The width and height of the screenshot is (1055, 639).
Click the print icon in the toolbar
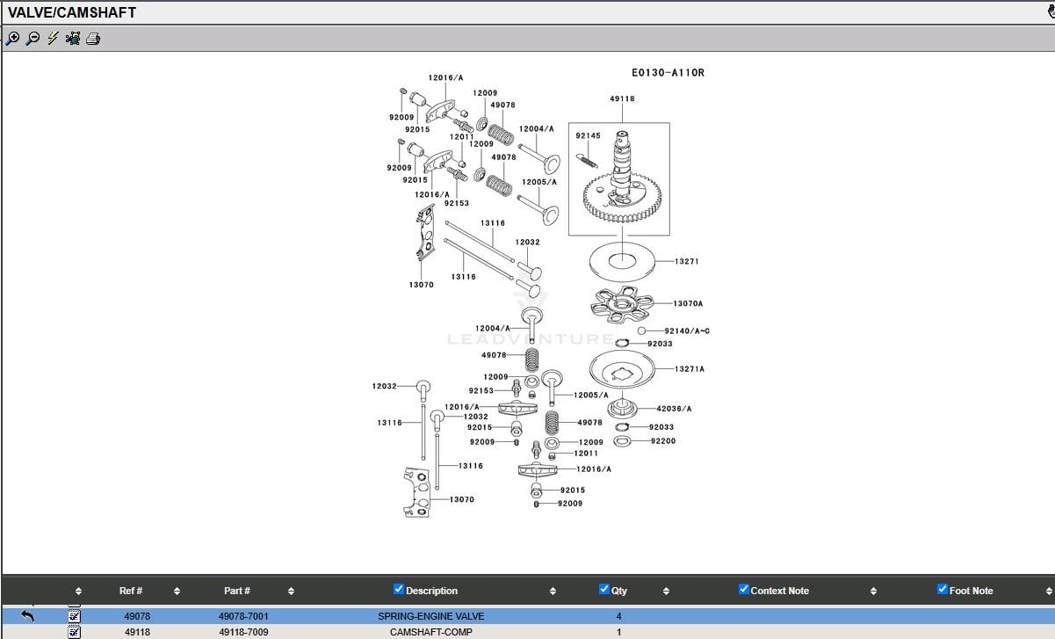pyautogui.click(x=93, y=39)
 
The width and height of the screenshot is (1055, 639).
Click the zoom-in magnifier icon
pyautogui.click(x=12, y=39)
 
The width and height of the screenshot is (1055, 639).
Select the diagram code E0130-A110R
pyautogui.click(x=668, y=73)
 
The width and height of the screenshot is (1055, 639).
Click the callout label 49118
pyautogui.click(x=622, y=99)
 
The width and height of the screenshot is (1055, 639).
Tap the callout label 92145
pyautogui.click(x=588, y=136)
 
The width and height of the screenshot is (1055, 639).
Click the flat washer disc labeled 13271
pyautogui.click(x=620, y=261)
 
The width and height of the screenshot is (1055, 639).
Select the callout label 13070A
pyautogui.click(x=688, y=304)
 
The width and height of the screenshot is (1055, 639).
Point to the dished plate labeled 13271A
pyautogui.click(x=623, y=368)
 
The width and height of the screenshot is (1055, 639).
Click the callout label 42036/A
pyautogui.click(x=674, y=409)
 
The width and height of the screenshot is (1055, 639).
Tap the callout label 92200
pyautogui.click(x=663, y=441)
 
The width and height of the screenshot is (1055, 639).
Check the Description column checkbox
pyautogui.click(x=399, y=589)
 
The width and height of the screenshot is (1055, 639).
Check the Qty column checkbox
pyautogui.click(x=604, y=589)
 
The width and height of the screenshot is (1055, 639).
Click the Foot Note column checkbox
pyautogui.click(x=943, y=589)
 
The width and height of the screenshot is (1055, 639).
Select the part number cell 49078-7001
pyautogui.click(x=243, y=617)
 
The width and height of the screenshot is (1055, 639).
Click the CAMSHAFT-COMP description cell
pyautogui.click(x=430, y=632)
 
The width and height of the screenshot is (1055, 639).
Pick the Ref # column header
pyautogui.click(x=131, y=591)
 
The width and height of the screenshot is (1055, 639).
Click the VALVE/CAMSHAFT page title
pyautogui.click(x=72, y=12)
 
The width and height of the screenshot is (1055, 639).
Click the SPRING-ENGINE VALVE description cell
pyautogui.click(x=430, y=617)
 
